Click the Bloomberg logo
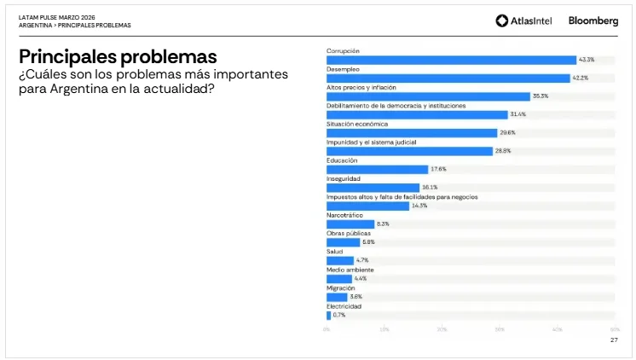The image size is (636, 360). click(593, 20)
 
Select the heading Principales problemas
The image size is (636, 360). click(118, 57)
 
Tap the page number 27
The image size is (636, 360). click(614, 340)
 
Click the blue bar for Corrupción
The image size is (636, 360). click(451, 60)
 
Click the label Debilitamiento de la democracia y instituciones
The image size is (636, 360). click(396, 106)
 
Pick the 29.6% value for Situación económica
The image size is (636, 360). click(507, 133)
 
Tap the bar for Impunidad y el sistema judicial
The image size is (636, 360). click(409, 151)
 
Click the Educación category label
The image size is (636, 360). click(342, 160)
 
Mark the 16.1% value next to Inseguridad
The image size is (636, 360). click(430, 188)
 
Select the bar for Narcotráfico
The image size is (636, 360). click(350, 224)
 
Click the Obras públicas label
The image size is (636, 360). click(349, 233)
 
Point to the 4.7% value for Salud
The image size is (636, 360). click(362, 260)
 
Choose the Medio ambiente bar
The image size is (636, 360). click(338, 279)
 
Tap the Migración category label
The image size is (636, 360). click(341, 287)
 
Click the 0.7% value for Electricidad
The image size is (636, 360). click(339, 315)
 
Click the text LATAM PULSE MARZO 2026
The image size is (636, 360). click(57, 17)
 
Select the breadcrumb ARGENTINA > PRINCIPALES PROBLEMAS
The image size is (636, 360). click(75, 26)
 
